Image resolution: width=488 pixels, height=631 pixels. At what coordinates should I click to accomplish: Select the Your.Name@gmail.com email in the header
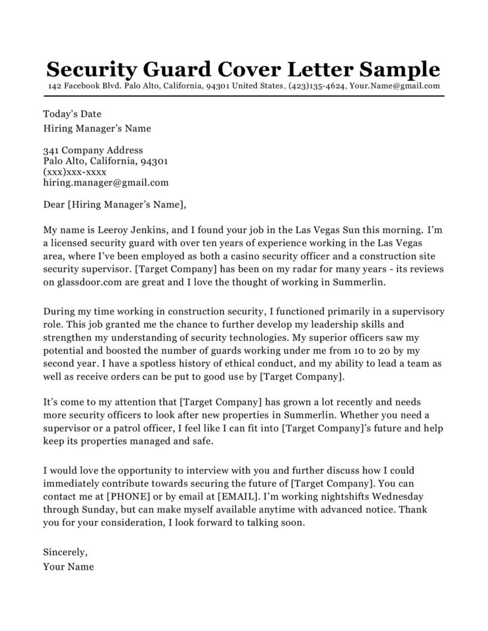pos(395,86)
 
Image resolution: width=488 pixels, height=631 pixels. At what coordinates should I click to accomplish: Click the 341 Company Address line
pos(93,150)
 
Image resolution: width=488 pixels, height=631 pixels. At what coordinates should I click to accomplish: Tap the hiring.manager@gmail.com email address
pos(106,182)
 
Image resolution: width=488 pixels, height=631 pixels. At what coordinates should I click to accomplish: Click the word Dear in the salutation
pos(54,205)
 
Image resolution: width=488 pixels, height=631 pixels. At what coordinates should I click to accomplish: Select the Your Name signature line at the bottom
pos(68,566)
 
